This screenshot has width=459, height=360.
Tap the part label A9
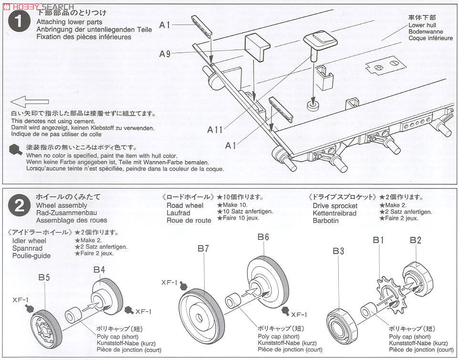(x=165, y=54)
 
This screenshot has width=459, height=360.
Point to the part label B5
(x=44, y=277)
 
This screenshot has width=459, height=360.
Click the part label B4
(x=99, y=269)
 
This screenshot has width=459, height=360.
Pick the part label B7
(x=203, y=248)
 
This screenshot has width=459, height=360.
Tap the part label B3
(x=339, y=251)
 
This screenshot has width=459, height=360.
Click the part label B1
(x=379, y=240)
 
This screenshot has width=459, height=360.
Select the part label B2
(x=415, y=240)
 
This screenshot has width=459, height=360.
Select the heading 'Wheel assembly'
(x=60, y=205)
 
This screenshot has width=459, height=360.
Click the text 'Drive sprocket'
(x=335, y=206)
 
